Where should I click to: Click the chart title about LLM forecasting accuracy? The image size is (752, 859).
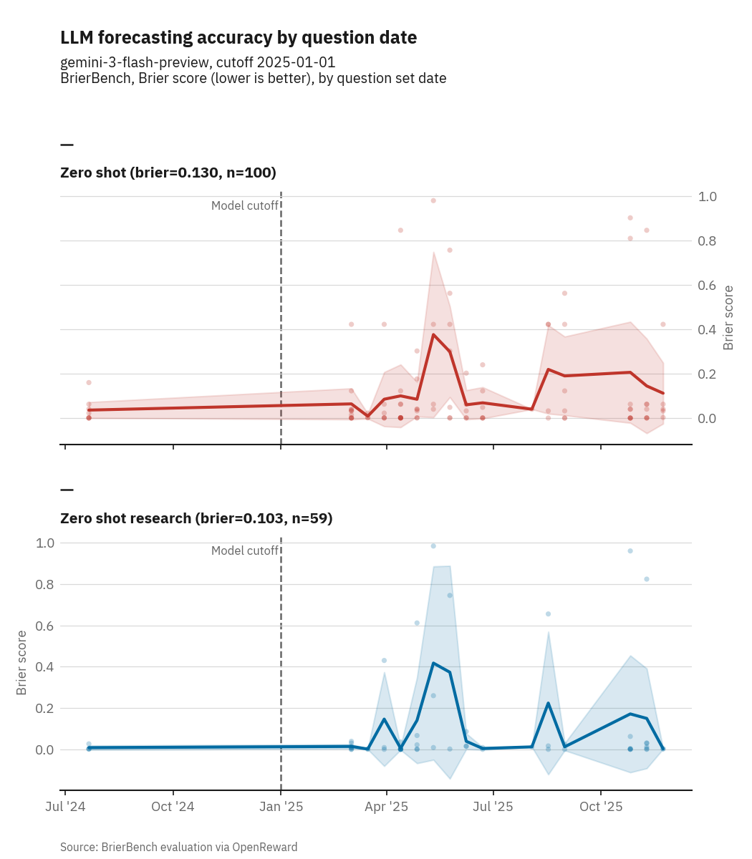(238, 38)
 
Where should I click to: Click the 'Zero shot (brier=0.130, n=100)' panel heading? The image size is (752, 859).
(168, 173)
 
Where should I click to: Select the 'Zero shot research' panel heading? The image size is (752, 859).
(196, 518)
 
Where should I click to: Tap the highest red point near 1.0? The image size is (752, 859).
(433, 200)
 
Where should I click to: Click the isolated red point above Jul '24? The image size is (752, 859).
(89, 382)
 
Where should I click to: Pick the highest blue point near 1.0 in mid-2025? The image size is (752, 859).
(433, 546)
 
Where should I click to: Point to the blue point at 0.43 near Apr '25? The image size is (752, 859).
(384, 660)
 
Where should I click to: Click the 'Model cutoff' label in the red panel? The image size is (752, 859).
(244, 206)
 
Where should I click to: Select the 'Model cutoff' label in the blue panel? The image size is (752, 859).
(244, 551)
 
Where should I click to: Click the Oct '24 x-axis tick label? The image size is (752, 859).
(173, 807)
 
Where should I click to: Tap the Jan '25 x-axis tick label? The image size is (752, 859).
(280, 807)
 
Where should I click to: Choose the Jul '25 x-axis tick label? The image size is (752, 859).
(493, 807)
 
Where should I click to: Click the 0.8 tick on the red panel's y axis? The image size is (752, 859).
(709, 241)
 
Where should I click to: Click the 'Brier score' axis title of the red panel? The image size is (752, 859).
(728, 318)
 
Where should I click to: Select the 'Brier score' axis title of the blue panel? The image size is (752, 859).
(22, 662)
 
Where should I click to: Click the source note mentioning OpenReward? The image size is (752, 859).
(178, 847)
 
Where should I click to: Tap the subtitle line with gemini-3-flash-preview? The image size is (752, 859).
(198, 62)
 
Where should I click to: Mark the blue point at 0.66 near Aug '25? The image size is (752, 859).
(549, 614)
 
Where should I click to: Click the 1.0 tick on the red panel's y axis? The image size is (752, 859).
(709, 196)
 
